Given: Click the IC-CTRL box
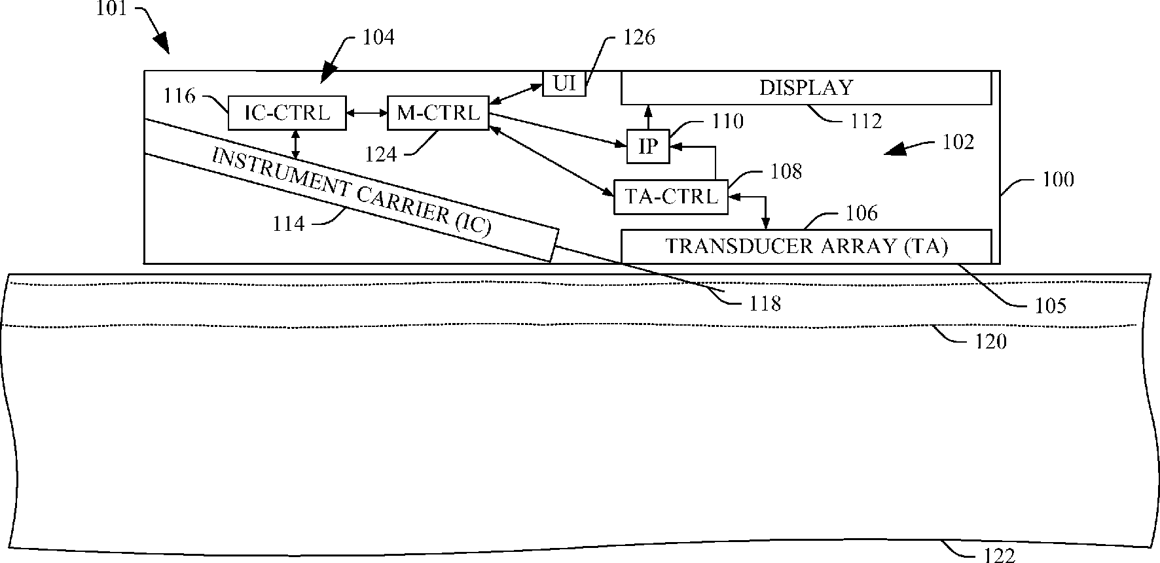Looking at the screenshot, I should [x=287, y=113].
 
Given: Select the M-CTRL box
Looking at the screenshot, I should [x=438, y=113].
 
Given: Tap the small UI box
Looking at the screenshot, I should [x=564, y=84].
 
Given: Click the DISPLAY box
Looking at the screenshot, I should [x=806, y=88].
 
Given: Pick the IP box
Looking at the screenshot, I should [x=648, y=146].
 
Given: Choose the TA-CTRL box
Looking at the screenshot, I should [x=670, y=196].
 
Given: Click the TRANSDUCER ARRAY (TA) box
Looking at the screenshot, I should [x=806, y=247].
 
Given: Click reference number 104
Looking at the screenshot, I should [x=378, y=37].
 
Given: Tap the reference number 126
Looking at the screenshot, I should [x=639, y=37].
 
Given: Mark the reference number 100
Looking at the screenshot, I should [x=1059, y=179].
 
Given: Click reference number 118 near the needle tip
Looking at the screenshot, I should [x=765, y=303].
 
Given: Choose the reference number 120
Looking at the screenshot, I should [x=991, y=341].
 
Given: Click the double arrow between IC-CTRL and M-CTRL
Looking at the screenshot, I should [x=367, y=113].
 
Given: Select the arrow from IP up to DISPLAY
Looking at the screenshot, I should [x=648, y=117].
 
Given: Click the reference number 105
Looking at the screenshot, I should [x=1051, y=305].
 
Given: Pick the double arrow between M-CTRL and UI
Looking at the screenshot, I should [x=517, y=94].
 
